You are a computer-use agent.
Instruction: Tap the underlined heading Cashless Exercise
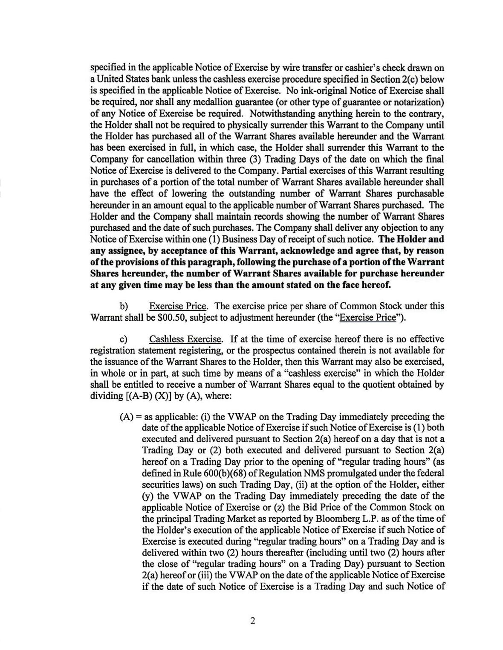(185, 340)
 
